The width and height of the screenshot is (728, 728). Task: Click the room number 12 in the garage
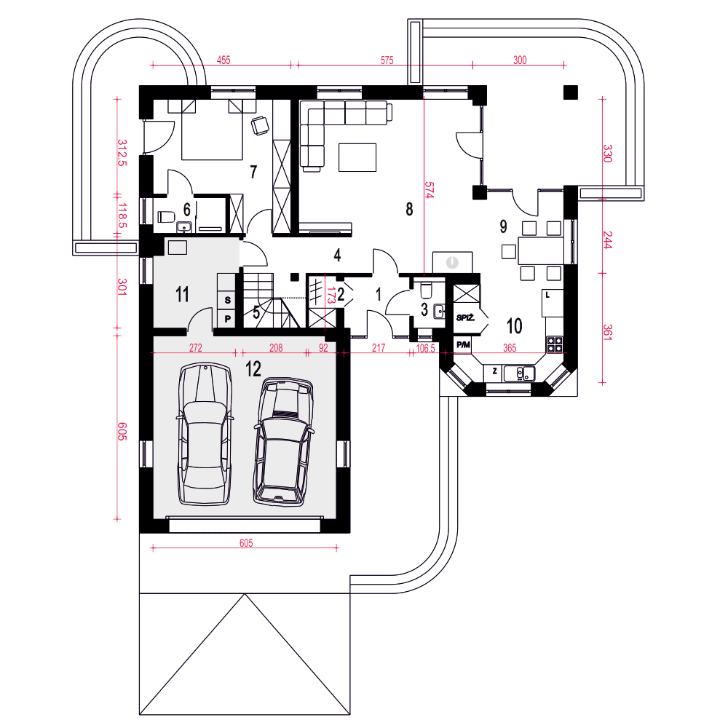[x=253, y=369]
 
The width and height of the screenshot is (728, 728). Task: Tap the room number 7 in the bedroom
[x=253, y=172]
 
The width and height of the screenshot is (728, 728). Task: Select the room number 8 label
[x=409, y=209]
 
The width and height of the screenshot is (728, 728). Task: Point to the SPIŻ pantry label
[x=465, y=318]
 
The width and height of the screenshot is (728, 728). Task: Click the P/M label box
[x=463, y=344]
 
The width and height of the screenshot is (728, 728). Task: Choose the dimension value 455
[x=223, y=60]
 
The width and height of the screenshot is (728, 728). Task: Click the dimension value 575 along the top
[x=387, y=60]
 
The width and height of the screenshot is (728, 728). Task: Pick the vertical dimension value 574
[x=429, y=190]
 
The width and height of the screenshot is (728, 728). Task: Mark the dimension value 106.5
[x=425, y=348]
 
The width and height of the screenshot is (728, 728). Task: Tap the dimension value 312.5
[x=122, y=153]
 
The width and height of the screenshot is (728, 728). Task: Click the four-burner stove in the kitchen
[x=554, y=344]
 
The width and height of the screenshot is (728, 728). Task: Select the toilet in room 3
[x=426, y=290]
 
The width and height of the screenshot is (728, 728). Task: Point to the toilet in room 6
[x=166, y=217]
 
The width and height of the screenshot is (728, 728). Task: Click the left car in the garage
[x=205, y=434]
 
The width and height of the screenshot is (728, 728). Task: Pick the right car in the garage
[x=282, y=442]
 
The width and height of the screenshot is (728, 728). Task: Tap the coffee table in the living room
[x=357, y=157]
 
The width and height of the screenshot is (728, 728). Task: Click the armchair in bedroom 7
[x=260, y=125]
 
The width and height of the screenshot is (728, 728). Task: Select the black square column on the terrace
[x=571, y=92]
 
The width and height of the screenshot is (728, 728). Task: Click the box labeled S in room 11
[x=227, y=300]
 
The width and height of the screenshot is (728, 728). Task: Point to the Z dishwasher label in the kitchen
[x=495, y=371]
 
